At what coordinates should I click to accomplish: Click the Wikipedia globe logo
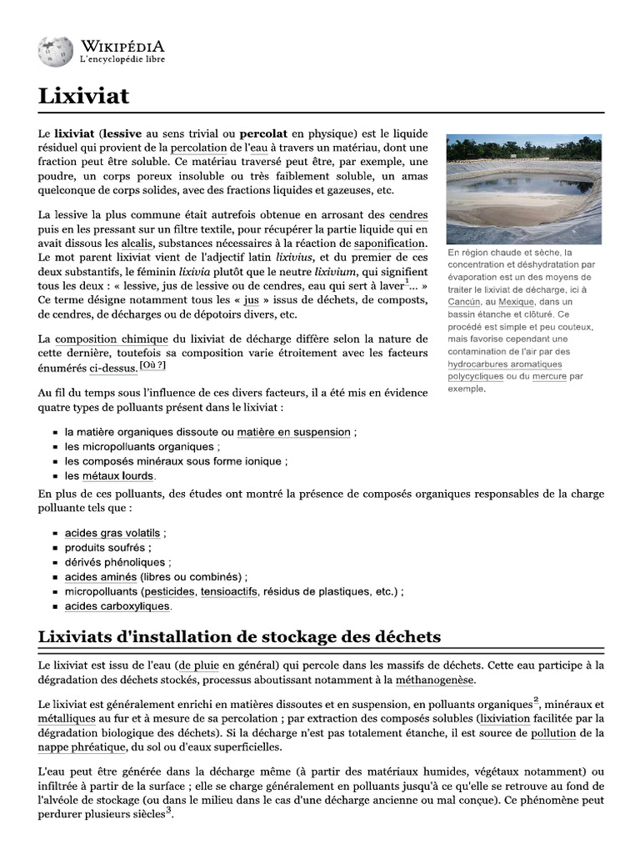point(55,52)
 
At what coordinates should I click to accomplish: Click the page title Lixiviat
point(83,96)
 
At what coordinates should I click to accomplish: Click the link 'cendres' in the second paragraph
point(408,214)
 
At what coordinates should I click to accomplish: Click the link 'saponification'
point(390,243)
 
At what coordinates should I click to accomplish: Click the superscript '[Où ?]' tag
point(152,365)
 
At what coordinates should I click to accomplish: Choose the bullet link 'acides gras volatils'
point(112,532)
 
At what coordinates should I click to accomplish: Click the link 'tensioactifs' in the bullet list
point(230,591)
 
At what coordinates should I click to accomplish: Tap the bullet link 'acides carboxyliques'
point(117,606)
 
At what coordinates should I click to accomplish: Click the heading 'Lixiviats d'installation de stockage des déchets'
point(239,637)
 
